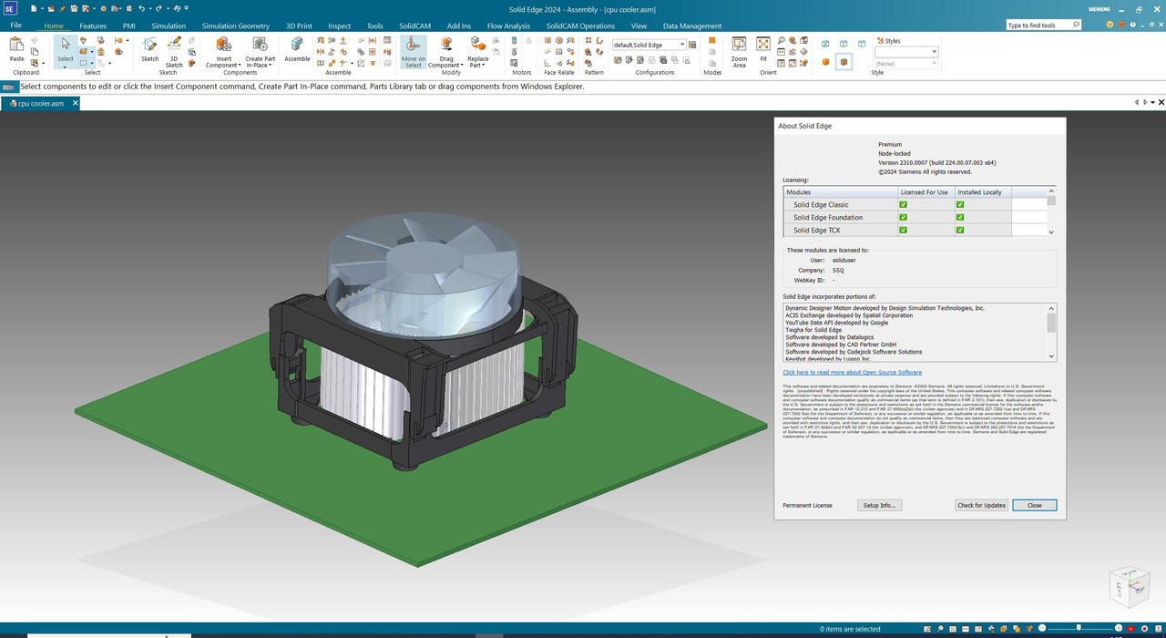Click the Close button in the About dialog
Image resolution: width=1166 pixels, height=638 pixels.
[x=1034, y=505]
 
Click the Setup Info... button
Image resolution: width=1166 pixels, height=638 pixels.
[x=879, y=505]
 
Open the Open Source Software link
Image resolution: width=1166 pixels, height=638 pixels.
[x=852, y=372]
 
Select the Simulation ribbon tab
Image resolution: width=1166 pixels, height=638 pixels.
[x=169, y=26]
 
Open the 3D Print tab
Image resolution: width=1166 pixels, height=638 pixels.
[x=299, y=26]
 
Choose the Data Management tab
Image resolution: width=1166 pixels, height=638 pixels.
[x=692, y=26]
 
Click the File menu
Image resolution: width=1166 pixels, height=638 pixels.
[x=15, y=26]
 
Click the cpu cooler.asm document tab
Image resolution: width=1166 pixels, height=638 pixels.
[x=40, y=103]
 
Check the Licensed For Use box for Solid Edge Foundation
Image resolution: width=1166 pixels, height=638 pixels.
[x=903, y=218]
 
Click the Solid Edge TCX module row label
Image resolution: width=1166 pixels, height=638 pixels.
[x=816, y=231]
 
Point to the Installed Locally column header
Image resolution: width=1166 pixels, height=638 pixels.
[x=979, y=192]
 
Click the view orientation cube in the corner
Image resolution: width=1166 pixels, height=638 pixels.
[x=1129, y=587]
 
